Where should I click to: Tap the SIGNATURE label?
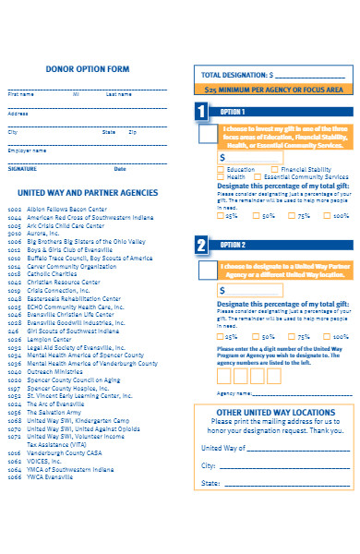[x=23, y=169]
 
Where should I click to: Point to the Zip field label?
[x=133, y=132]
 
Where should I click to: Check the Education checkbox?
[x=220, y=169]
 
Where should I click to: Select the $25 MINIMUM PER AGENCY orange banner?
[x=274, y=90]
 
